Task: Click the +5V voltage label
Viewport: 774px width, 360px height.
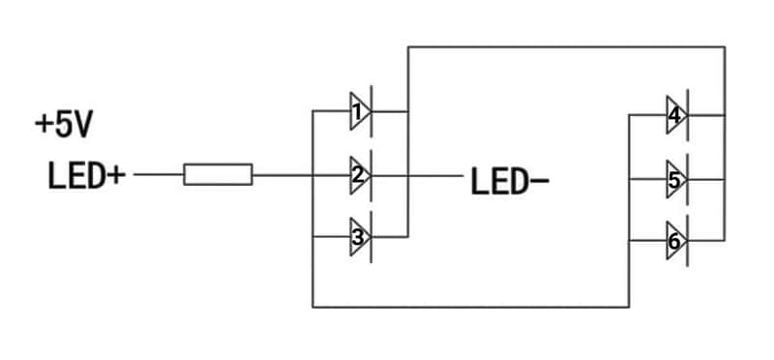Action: click(x=64, y=125)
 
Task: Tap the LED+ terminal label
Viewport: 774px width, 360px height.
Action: click(x=86, y=176)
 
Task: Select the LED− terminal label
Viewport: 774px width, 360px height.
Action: click(x=510, y=181)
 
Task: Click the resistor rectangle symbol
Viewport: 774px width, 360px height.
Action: click(x=219, y=174)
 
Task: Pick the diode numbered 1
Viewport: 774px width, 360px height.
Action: click(x=361, y=111)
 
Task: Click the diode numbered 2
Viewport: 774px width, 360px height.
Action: click(x=361, y=175)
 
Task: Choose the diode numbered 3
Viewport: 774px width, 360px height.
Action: click(x=361, y=237)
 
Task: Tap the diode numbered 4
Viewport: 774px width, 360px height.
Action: click(x=676, y=115)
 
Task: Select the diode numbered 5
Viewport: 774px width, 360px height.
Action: click(x=676, y=179)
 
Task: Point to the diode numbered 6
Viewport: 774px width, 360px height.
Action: click(x=676, y=241)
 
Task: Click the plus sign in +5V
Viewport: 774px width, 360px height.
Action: click(x=44, y=125)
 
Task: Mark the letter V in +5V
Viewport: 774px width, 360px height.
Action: click(x=83, y=126)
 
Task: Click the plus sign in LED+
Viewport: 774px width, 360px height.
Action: click(x=116, y=175)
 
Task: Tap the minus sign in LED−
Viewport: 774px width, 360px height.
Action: click(x=540, y=181)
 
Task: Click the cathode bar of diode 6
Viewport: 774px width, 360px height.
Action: click(x=688, y=241)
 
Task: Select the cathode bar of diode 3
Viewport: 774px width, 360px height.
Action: click(x=372, y=237)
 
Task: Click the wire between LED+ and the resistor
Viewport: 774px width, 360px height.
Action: click(x=159, y=174)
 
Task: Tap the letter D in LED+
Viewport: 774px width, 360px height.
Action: click(x=95, y=176)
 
